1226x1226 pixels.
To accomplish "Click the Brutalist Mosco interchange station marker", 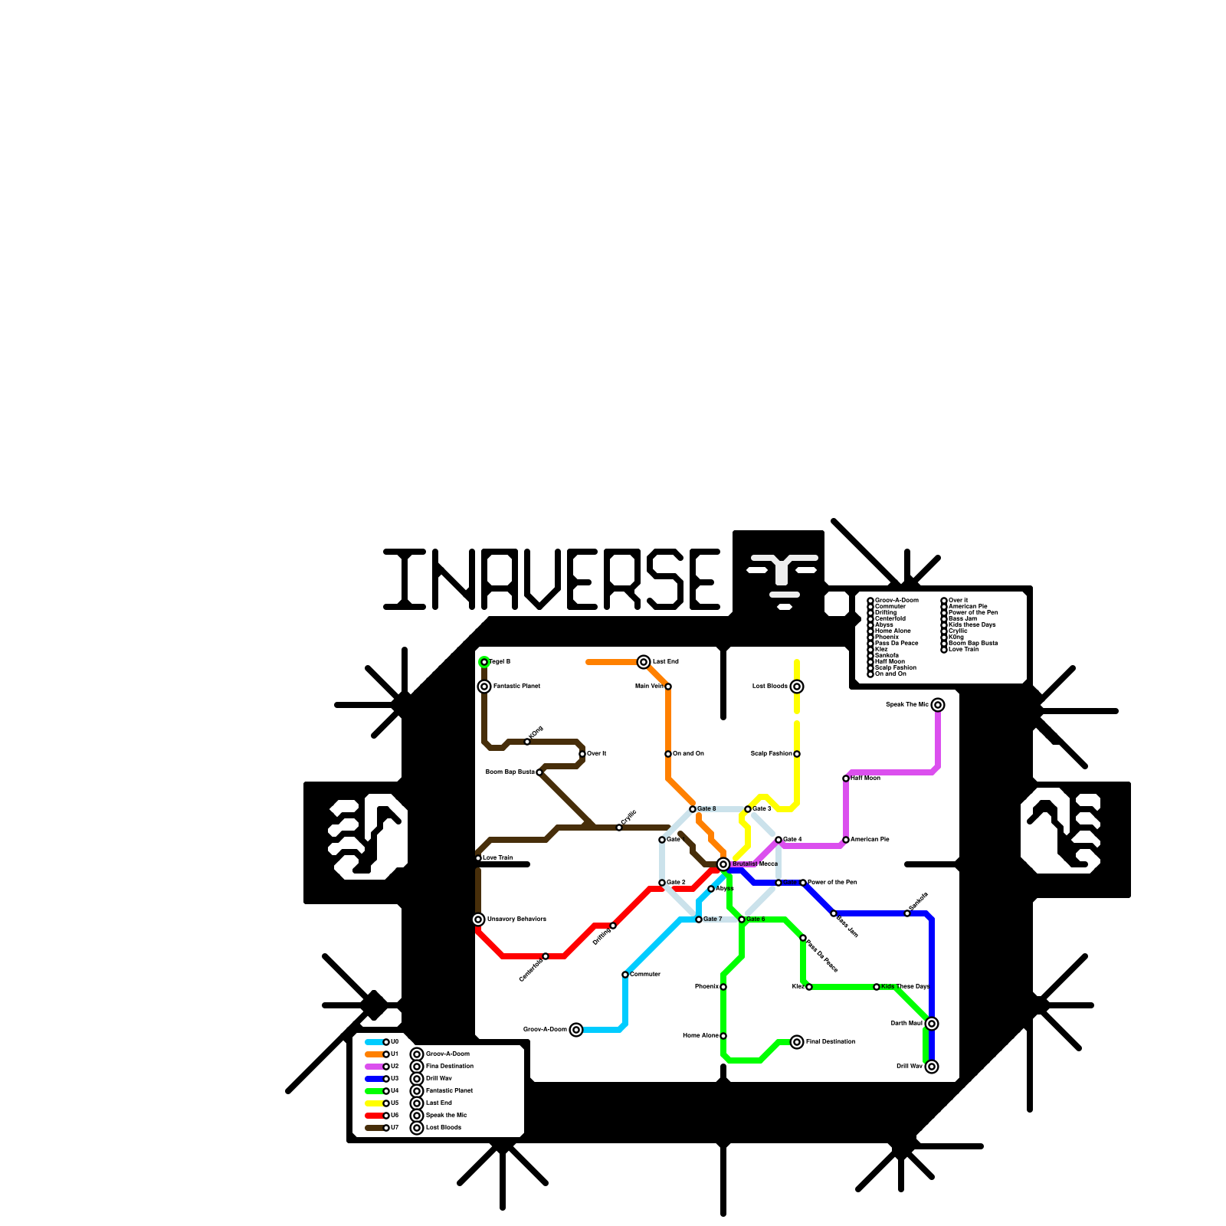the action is [723, 864].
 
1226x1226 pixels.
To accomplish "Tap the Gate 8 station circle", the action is [693, 809].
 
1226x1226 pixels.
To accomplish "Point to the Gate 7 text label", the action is [713, 919].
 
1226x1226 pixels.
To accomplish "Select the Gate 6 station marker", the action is [742, 919].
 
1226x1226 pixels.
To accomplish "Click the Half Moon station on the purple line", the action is [846, 779].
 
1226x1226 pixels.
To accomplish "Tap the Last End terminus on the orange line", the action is [644, 662].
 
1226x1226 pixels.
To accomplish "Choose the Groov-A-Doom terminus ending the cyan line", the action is [576, 1030].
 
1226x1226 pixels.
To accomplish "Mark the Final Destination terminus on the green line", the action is [797, 1042].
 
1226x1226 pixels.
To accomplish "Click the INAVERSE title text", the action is [552, 579].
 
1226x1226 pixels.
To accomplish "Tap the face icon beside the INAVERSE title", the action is [779, 576].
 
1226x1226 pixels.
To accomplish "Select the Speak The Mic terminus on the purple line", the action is [938, 705].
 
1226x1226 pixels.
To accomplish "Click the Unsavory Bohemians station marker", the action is [478, 919].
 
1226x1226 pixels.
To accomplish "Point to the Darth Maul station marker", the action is [932, 1024].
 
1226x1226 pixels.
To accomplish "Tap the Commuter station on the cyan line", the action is [625, 975].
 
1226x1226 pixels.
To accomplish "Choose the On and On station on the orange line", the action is [668, 754].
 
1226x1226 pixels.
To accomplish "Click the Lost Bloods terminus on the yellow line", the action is [797, 687].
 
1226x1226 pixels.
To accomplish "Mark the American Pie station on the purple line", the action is [846, 840].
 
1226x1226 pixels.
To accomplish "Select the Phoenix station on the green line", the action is [723, 987].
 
